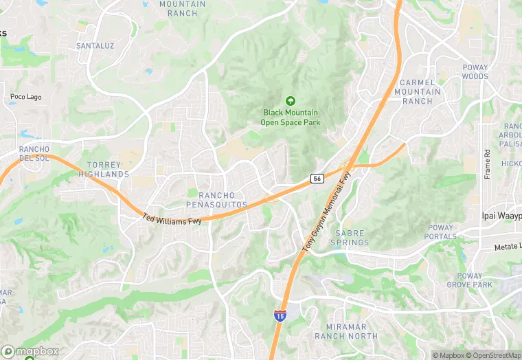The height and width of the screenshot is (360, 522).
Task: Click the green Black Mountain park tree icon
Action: click(290, 101)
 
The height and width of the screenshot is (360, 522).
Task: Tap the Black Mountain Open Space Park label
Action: click(290, 117)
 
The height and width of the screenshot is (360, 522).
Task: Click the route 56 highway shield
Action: click(317, 179)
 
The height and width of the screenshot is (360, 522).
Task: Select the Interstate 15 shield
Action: click(280, 315)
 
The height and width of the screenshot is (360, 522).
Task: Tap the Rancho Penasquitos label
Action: click(217, 200)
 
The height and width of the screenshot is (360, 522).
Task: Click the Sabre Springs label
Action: click(350, 238)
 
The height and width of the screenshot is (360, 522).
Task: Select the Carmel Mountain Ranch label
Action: click(418, 91)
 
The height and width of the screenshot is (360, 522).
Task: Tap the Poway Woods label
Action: click(475, 72)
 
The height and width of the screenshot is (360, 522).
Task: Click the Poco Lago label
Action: click(26, 97)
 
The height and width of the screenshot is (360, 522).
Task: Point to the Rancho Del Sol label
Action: click(34, 154)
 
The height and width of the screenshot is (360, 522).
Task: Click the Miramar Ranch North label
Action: click(346, 331)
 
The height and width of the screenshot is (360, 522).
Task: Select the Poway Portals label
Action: click(441, 232)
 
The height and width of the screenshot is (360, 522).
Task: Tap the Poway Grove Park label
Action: click(470, 280)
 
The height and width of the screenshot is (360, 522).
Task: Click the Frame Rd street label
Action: click(487, 164)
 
